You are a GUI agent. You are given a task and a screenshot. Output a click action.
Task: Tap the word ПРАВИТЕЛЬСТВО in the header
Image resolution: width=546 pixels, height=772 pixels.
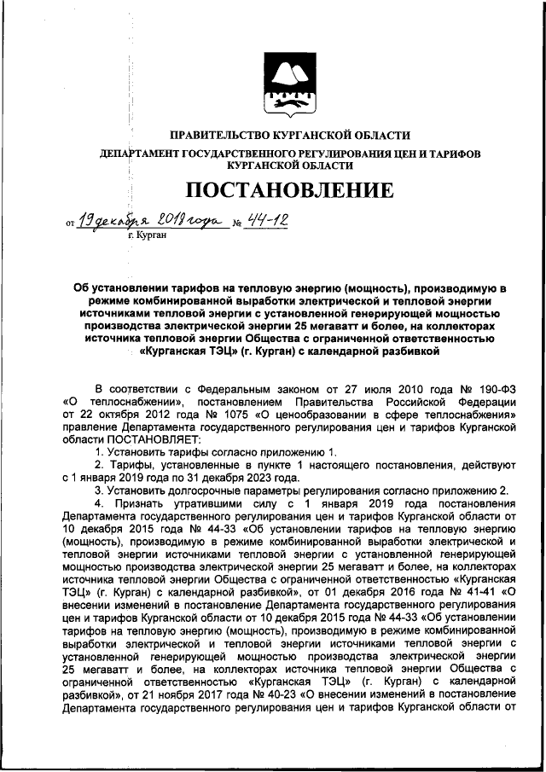(217, 135)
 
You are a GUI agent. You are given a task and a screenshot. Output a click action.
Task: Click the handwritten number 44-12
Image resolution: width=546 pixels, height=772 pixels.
(265, 221)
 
